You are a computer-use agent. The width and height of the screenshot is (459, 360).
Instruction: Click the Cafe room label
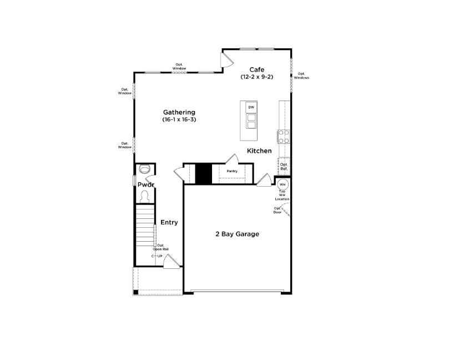pyautogui.click(x=256, y=69)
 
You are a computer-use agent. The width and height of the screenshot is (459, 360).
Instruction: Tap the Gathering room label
pyautogui.click(x=179, y=112)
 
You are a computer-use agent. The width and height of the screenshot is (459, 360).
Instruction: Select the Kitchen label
pyautogui.click(x=259, y=151)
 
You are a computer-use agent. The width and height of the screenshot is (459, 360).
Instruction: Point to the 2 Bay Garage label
pyautogui.click(x=237, y=234)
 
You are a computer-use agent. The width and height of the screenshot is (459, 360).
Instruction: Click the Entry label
pyautogui.click(x=169, y=222)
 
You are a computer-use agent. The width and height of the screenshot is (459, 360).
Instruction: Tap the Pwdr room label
pyautogui.click(x=145, y=184)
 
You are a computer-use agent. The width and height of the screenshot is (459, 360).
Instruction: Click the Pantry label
pyautogui.click(x=231, y=171)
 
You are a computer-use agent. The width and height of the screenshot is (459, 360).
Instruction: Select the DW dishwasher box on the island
pyautogui.click(x=251, y=107)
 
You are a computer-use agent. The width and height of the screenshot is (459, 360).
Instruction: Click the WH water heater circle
pyautogui.click(x=283, y=184)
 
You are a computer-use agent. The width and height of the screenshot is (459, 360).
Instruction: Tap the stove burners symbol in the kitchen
pyautogui.click(x=283, y=136)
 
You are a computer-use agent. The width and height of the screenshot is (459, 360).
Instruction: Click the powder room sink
pyautogui.click(x=145, y=169)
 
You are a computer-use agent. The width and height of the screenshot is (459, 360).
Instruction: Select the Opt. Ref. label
pyautogui.click(x=284, y=166)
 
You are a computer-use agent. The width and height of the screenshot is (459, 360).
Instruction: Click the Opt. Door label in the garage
pyautogui.click(x=277, y=211)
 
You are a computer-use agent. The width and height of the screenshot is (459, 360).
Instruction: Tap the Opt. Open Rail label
pyautogui.click(x=161, y=247)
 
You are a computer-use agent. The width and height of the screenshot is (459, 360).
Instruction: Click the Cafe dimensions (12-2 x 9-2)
pyautogui.click(x=256, y=77)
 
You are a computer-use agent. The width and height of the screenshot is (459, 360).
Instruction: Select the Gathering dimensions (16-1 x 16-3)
pyautogui.click(x=179, y=119)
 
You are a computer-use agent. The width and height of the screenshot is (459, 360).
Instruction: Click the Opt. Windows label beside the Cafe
pyautogui.click(x=301, y=76)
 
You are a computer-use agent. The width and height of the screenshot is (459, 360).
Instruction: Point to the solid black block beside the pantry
pyautogui.click(x=203, y=173)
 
